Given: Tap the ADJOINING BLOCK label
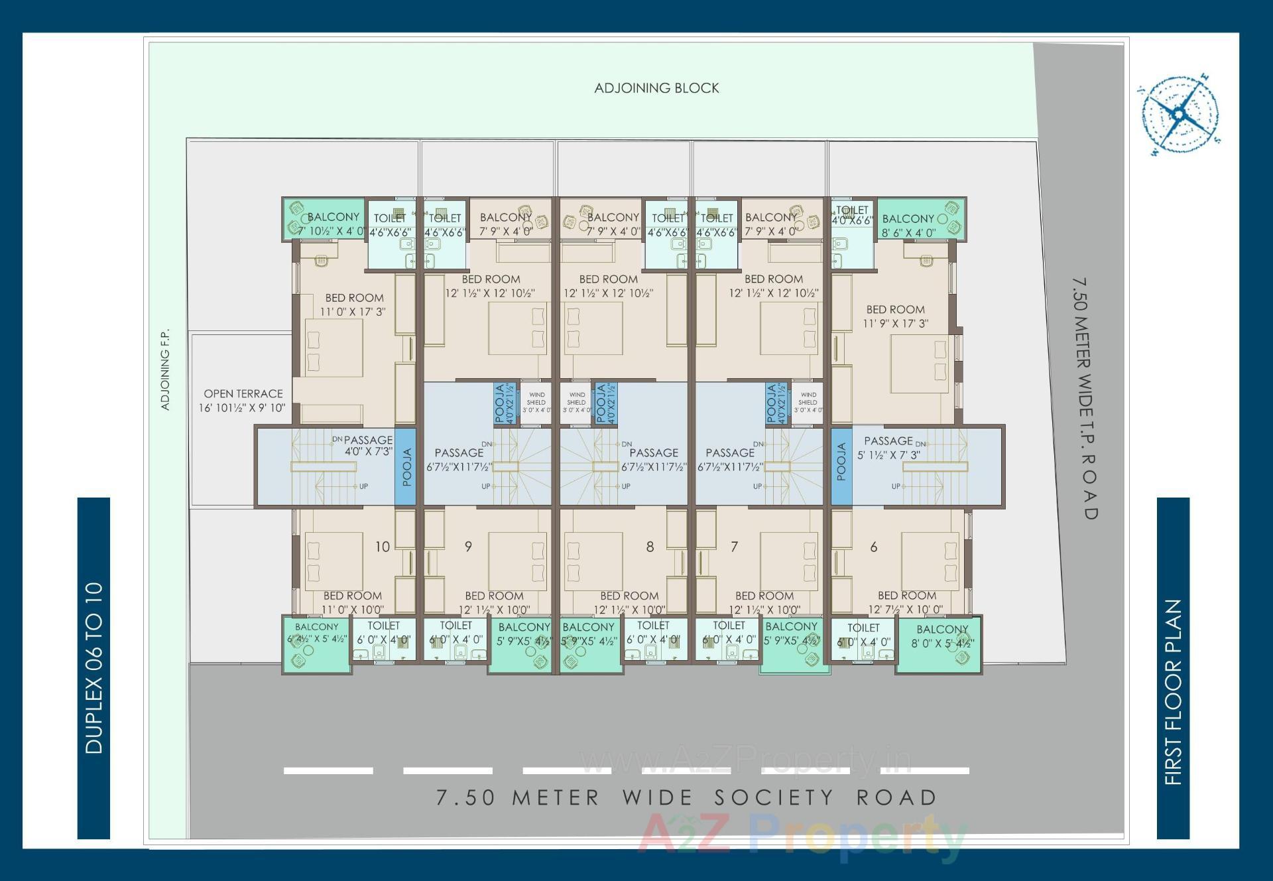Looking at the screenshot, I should [656, 88].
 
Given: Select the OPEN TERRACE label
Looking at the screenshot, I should [243, 393].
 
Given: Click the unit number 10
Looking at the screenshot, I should [383, 547].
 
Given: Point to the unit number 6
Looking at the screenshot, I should [874, 547].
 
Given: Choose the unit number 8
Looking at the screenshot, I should [650, 547].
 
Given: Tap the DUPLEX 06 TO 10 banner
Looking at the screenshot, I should [94, 667].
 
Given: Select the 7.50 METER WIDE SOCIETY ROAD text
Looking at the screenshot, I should [686, 797].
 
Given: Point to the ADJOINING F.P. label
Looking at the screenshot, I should [166, 370].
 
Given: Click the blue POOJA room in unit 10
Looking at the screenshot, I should [406, 467].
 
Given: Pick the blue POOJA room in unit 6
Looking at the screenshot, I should [841, 462].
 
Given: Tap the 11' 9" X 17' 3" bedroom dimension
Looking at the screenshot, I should [895, 324].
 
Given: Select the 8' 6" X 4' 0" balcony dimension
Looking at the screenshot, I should [908, 233].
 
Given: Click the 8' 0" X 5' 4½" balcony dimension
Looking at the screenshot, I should [942, 644].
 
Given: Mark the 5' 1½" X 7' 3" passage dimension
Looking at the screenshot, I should [888, 456].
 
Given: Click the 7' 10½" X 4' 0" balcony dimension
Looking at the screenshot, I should [332, 232].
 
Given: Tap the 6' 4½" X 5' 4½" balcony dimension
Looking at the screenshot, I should [317, 640].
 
